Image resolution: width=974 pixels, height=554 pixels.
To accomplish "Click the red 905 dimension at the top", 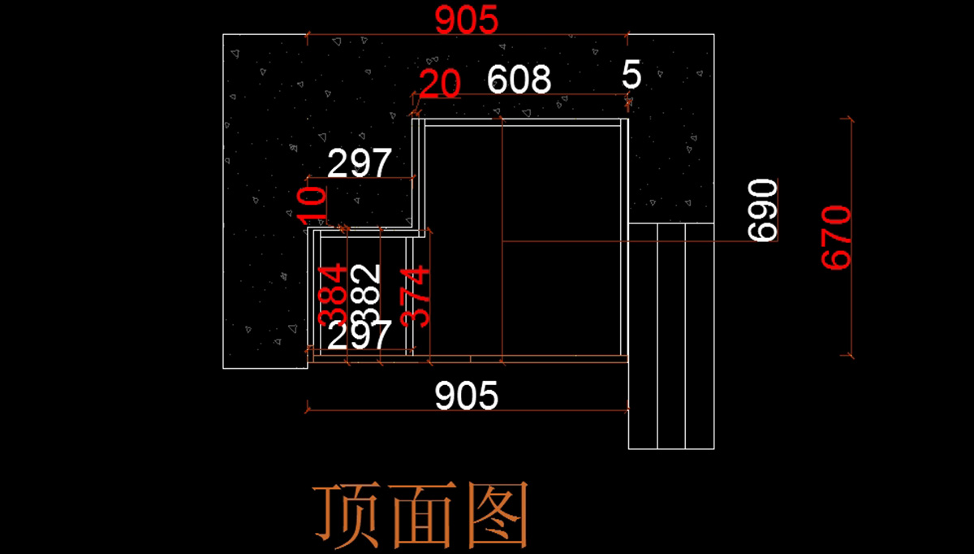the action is [466, 19].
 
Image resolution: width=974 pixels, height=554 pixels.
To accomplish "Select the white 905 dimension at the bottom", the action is [466, 396].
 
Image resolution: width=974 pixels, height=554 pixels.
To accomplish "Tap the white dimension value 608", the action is [519, 80].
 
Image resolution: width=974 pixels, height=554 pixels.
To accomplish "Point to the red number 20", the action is [440, 84].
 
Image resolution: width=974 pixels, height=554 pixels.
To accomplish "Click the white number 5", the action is [631, 76].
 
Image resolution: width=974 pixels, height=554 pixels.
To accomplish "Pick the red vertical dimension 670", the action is [837, 237].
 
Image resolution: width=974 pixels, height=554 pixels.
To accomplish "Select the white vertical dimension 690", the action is [763, 210].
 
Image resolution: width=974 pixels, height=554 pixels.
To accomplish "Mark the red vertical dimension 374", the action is [416, 296].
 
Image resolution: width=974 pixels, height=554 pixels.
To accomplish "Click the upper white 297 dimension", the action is [360, 164].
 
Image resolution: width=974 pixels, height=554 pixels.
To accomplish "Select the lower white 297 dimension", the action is [360, 335].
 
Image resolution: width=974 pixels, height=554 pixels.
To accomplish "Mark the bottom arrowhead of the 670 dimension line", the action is [851, 354].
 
